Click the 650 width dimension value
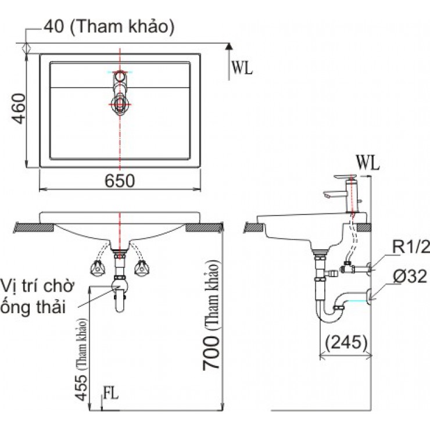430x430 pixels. pyautogui.click(x=120, y=181)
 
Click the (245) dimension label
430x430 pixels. pyautogui.click(x=347, y=342)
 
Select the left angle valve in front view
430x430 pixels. pyautogui.click(x=97, y=268)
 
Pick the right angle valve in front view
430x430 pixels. pyautogui.click(x=141, y=268)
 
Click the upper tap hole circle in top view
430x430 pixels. pyautogui.click(x=120, y=76)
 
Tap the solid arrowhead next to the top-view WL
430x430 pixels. pyautogui.click(x=230, y=47)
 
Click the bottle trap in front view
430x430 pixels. pyautogui.click(x=120, y=296)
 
